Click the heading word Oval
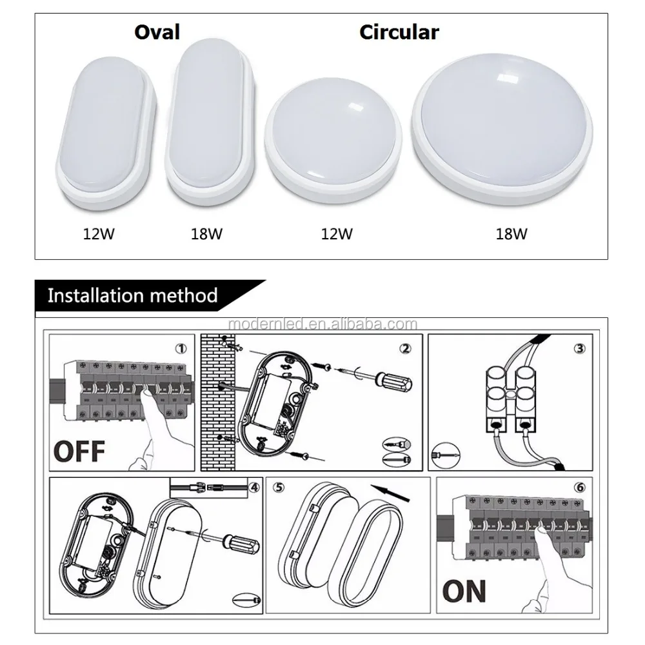click(157, 32)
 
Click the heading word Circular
click(399, 32)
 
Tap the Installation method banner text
click(133, 296)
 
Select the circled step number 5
click(278, 488)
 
